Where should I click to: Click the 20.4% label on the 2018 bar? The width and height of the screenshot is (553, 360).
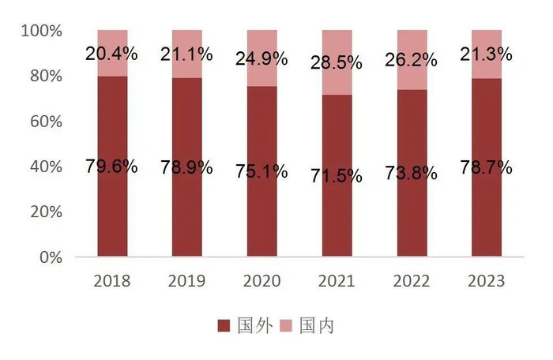[x=111, y=54]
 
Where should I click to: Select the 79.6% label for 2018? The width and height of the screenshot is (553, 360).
[x=111, y=167]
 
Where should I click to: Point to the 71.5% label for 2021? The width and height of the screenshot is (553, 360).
[x=337, y=176]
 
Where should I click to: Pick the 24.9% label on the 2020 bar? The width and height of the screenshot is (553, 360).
[x=261, y=58]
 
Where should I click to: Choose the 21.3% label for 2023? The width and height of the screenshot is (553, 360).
[x=485, y=54]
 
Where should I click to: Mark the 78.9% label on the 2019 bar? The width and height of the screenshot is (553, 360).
[x=186, y=167]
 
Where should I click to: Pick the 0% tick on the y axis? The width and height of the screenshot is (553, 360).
[x=50, y=257]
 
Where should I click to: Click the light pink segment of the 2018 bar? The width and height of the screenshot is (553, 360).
[x=111, y=39]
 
